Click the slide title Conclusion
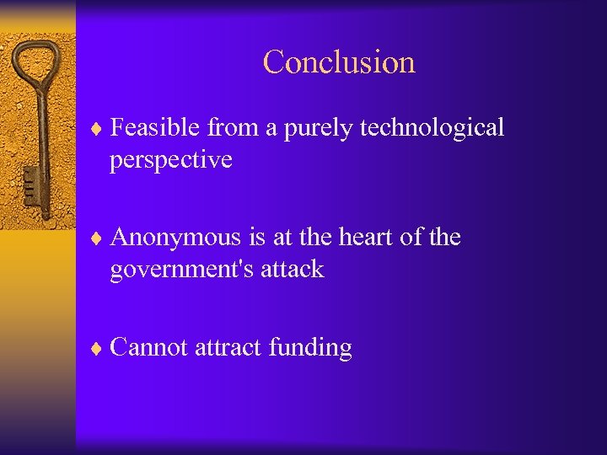click(339, 62)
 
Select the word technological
click(432, 127)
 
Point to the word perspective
click(170, 159)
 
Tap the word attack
click(293, 270)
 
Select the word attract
click(228, 347)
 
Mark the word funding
click(310, 348)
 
